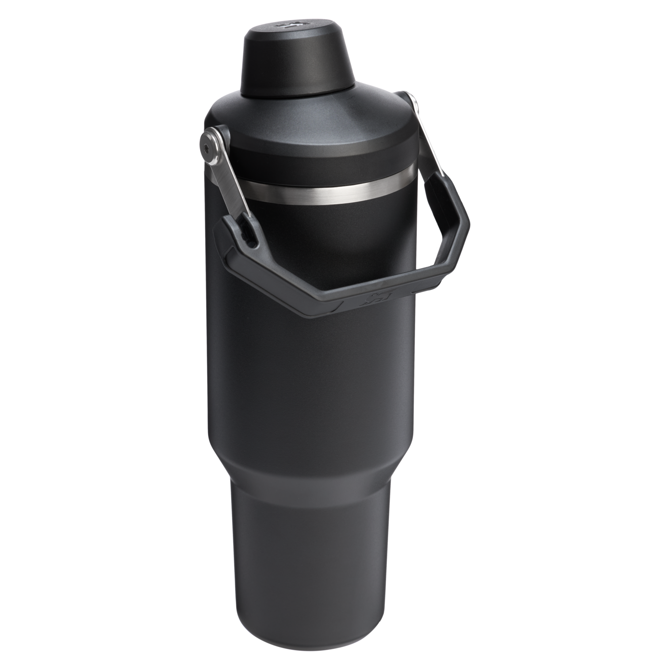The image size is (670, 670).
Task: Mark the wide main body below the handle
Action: pos(310,376)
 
